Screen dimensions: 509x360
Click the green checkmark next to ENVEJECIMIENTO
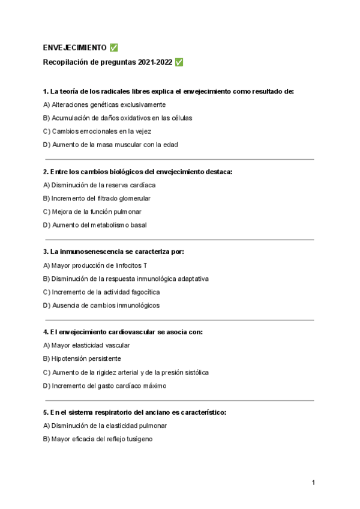click(x=114, y=48)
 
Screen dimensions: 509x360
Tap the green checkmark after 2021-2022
click(x=179, y=62)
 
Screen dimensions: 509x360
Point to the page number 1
click(x=313, y=483)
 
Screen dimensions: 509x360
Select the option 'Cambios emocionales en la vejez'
click(x=97, y=131)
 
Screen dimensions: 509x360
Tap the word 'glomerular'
click(x=134, y=198)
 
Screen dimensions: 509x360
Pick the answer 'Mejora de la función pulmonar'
click(x=92, y=212)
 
